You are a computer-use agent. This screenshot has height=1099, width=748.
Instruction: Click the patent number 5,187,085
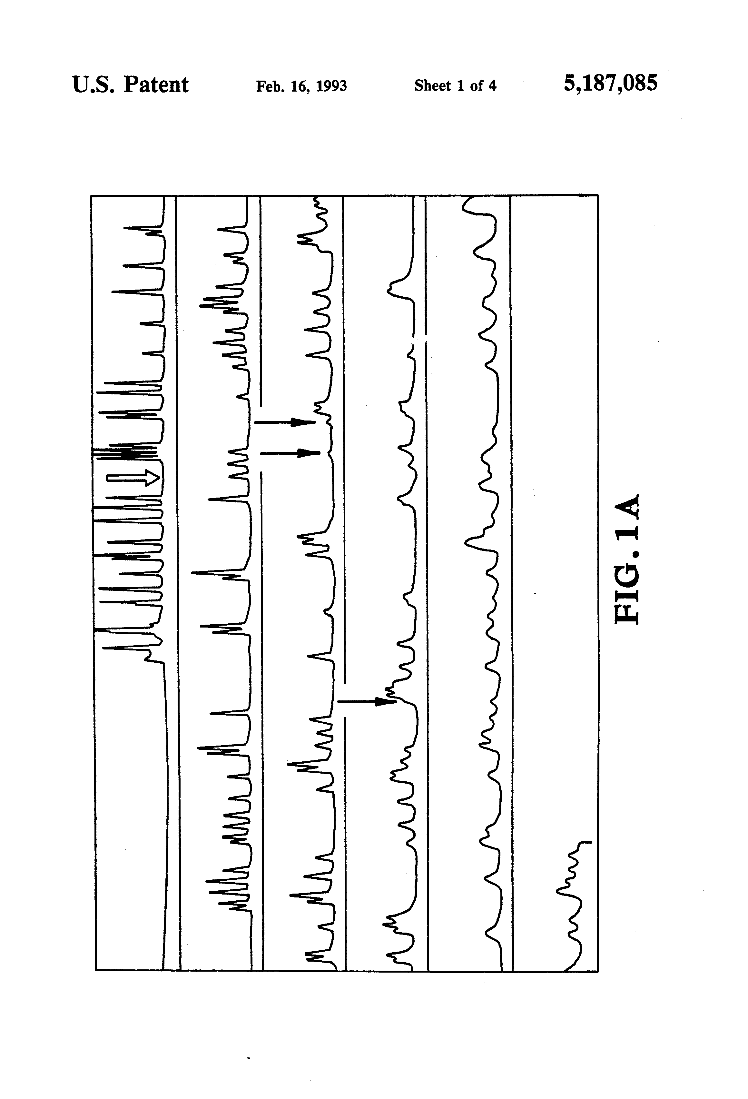(x=610, y=84)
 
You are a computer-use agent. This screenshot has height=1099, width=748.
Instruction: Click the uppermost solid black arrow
(x=285, y=422)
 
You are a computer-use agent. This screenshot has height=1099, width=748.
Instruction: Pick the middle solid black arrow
(x=290, y=453)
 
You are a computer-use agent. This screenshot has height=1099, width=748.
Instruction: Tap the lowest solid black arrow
(x=367, y=701)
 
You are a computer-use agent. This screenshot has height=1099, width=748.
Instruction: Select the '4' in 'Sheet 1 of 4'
(x=492, y=85)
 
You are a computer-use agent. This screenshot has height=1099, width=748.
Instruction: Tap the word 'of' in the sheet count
(x=476, y=85)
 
